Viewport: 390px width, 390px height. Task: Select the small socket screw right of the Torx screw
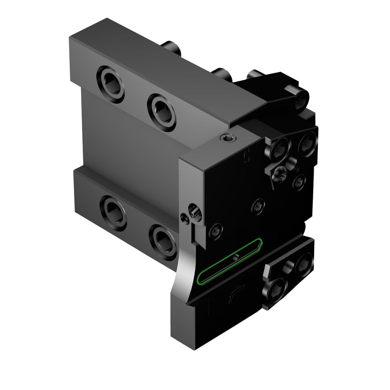[x=297, y=183]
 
